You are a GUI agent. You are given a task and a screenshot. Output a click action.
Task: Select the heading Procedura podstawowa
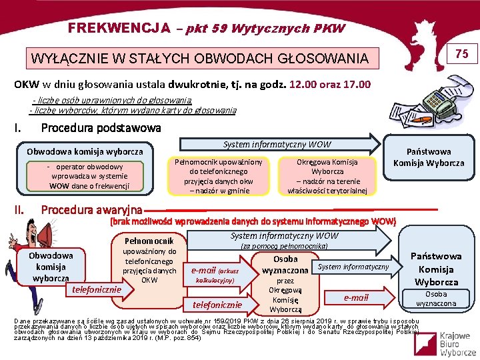[x=101, y=127]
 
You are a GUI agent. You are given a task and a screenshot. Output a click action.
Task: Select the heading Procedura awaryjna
[x=91, y=210]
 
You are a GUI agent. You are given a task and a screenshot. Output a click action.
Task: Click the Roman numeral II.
[x=20, y=210]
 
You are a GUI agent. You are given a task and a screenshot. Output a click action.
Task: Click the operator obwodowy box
[x=89, y=176]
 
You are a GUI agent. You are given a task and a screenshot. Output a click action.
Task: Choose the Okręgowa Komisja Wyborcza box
[x=327, y=176]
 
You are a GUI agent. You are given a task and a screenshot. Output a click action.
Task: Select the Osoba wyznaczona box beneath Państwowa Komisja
[x=436, y=299]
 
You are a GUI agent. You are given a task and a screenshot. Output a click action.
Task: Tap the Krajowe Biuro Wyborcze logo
[x=443, y=340]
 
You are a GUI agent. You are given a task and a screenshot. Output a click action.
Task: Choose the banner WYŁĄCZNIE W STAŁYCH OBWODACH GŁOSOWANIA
[x=200, y=59]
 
